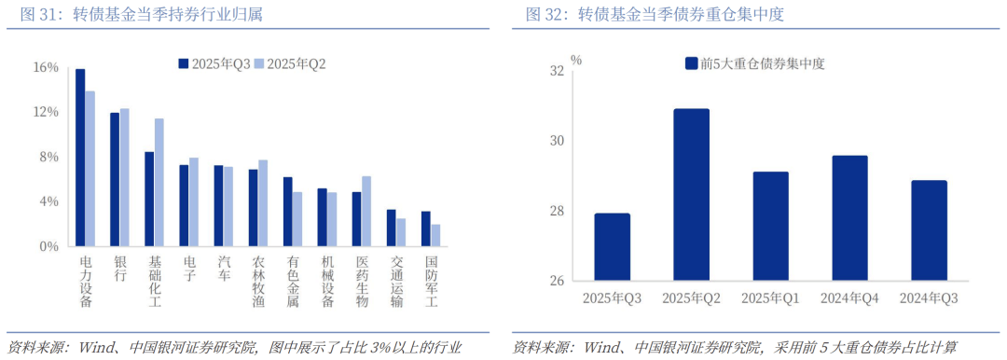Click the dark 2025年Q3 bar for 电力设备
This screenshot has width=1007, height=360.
tap(80, 158)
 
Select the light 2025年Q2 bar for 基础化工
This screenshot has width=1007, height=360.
tap(159, 183)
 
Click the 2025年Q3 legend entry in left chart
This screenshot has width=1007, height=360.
tap(214, 63)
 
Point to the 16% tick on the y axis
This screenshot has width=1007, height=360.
tap(45, 67)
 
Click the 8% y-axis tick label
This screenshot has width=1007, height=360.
tap(47, 157)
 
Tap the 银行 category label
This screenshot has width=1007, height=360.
tap(119, 270)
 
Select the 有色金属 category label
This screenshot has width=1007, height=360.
tap(293, 283)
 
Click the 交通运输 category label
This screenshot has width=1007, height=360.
tap(397, 283)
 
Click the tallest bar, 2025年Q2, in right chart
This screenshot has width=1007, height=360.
tap(691, 195)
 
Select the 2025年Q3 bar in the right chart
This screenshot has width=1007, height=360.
tap(612, 247)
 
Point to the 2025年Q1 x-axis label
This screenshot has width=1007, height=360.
tap(770, 298)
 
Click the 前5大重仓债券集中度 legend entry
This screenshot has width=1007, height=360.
tap(754, 63)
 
